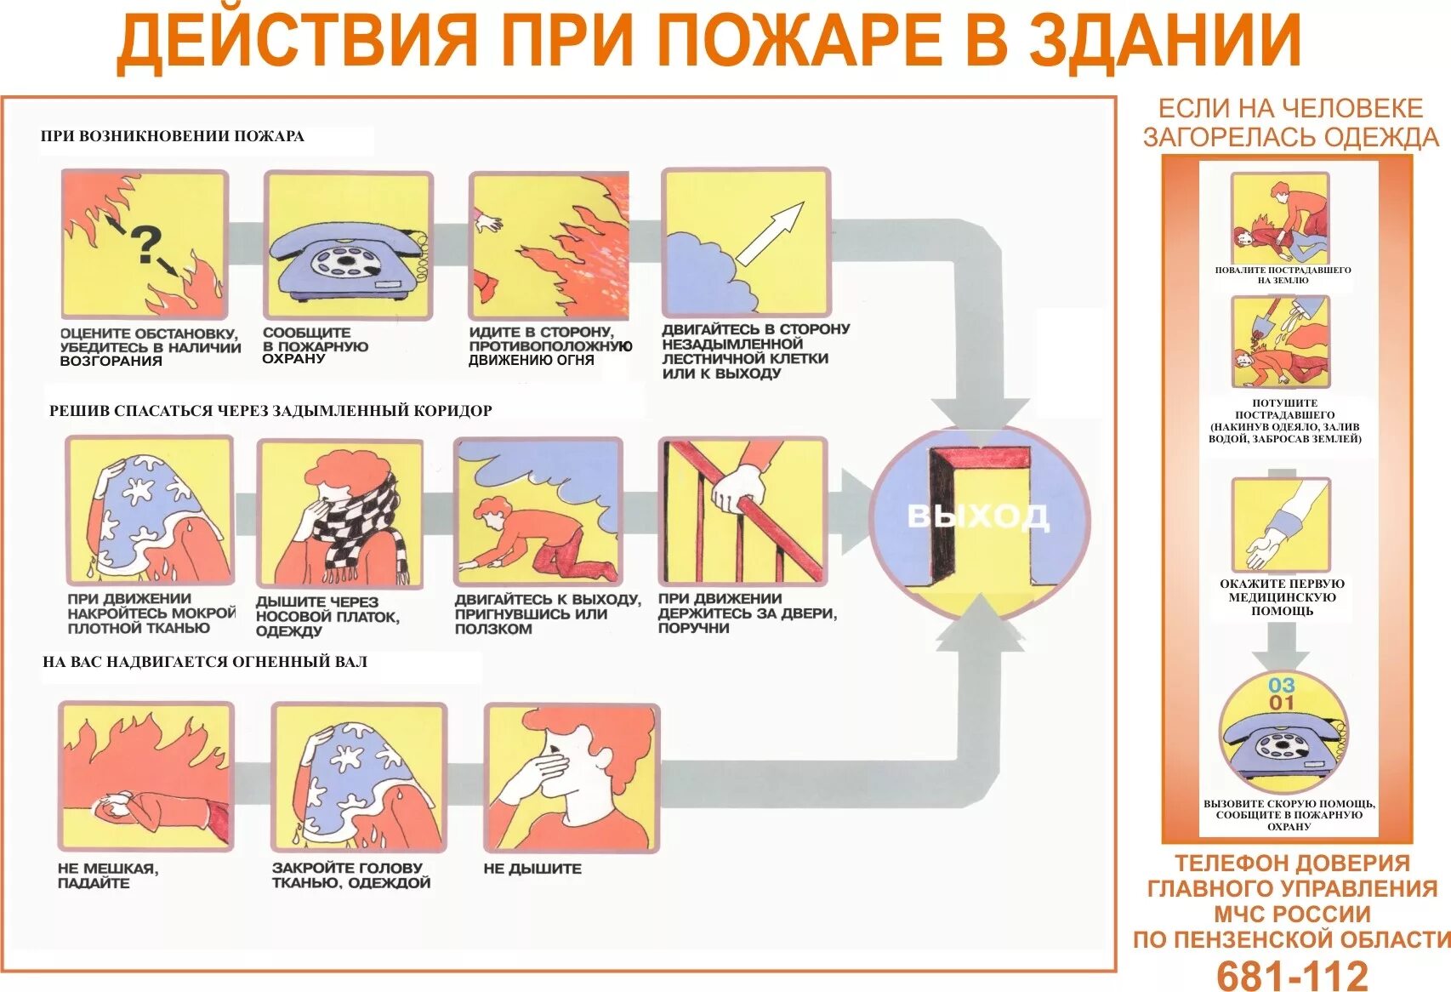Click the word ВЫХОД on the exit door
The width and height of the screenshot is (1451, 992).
[x=978, y=516]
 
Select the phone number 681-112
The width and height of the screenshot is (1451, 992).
[x=1292, y=975]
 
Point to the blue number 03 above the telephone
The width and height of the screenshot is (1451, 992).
[x=1281, y=685]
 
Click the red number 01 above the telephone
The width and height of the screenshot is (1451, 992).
[x=1281, y=703]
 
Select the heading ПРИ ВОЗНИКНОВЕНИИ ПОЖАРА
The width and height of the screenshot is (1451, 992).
[x=173, y=136]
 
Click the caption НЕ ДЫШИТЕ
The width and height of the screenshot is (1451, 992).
[x=532, y=869]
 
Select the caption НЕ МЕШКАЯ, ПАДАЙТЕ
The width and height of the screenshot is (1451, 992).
[x=107, y=875]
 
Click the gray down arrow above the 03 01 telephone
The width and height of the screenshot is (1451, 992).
[x=1280, y=647]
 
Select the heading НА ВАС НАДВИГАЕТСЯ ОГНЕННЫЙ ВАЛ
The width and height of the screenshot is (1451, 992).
[x=205, y=661]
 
